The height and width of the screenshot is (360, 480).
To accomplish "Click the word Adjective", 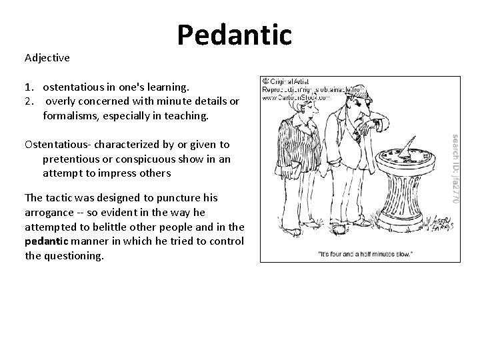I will tap(47, 58).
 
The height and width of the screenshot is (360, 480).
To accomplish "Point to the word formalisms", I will tap(73, 116).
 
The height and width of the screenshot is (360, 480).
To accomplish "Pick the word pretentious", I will tap(73, 159).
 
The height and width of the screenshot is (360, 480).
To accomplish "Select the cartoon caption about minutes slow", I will tap(366, 253).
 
